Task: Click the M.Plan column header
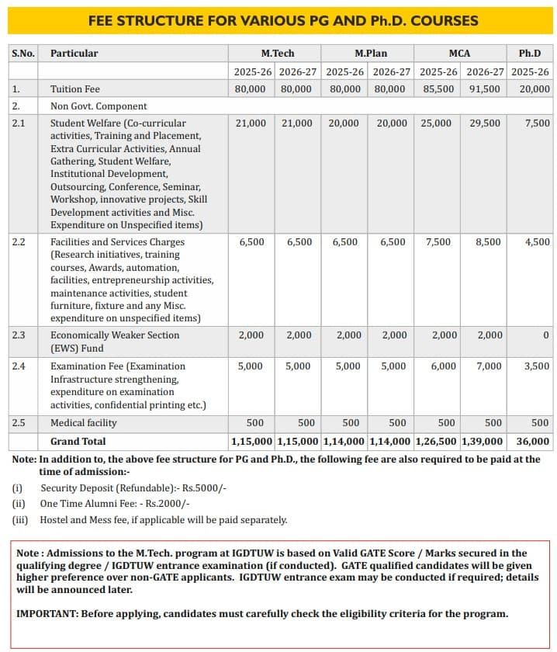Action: (371, 54)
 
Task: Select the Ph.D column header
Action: (535, 54)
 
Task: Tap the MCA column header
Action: (460, 54)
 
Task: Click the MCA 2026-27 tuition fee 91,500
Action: (485, 89)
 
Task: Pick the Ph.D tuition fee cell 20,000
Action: (535, 89)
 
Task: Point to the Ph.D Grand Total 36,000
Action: (533, 441)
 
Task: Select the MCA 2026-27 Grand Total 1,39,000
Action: (483, 441)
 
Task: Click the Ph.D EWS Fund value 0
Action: (546, 335)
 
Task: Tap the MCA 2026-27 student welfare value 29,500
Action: (485, 123)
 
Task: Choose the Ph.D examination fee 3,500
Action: (537, 366)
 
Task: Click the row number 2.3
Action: (19, 335)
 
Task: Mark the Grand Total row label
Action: (78, 441)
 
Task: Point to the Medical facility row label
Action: (84, 423)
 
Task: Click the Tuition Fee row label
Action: (75, 89)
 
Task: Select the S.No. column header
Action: (23, 54)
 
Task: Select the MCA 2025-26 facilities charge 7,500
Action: (438, 242)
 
